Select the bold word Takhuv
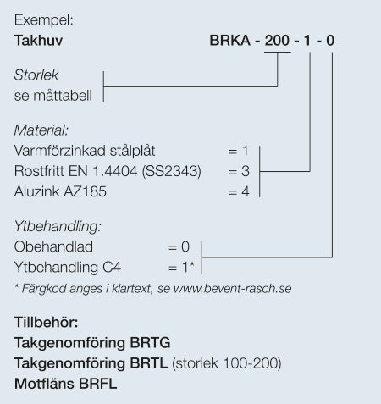[x=38, y=41]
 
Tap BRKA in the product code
[x=230, y=41]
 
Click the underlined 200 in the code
[x=277, y=41]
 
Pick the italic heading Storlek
[x=36, y=75]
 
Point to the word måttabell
[x=63, y=96]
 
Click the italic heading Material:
[x=41, y=130]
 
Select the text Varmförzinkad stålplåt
[x=85, y=151]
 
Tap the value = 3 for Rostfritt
[x=239, y=171]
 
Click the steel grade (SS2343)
[x=172, y=171]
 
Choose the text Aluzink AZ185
[x=60, y=191]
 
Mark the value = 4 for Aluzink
[x=239, y=191]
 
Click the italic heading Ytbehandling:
[x=58, y=226]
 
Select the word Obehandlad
[x=53, y=246]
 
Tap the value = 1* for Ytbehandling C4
[x=181, y=267]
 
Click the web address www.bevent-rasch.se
[x=233, y=289]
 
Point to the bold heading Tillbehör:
[x=47, y=322]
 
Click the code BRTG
[x=150, y=343]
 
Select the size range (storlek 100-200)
[x=227, y=363]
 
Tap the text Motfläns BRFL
[x=66, y=384]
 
